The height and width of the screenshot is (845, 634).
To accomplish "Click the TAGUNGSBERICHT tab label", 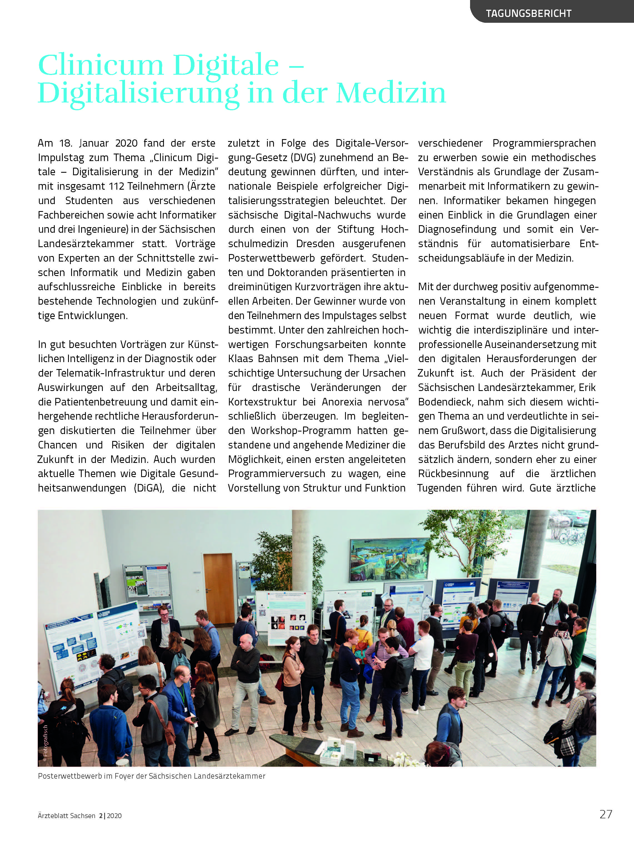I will (x=528, y=13).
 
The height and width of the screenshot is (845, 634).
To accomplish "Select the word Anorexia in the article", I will (x=342, y=402).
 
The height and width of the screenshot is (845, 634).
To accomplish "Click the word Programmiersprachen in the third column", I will (x=544, y=143).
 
